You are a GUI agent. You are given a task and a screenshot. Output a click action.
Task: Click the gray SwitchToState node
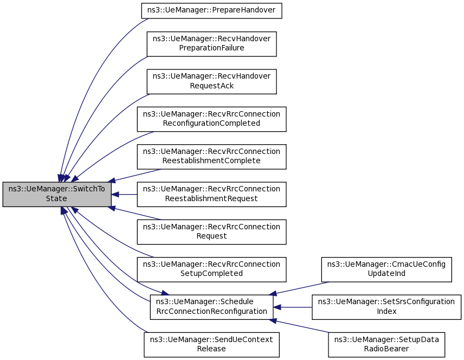coord(57,194)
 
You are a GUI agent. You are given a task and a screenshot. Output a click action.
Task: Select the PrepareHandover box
coord(211,11)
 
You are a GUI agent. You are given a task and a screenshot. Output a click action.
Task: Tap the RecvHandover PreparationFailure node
coord(211,44)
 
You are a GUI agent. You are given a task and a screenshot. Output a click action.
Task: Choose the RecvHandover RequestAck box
coord(211,81)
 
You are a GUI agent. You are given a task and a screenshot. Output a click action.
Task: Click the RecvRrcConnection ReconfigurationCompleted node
coord(211,119)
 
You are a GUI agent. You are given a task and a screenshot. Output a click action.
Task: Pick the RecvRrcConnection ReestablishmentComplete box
coord(211,157)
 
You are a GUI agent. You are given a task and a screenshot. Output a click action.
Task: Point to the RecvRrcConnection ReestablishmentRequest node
coord(211,194)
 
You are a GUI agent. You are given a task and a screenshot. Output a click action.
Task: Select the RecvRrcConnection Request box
coord(211,232)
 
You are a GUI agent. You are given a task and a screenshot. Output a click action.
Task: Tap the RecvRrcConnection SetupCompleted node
coord(211,269)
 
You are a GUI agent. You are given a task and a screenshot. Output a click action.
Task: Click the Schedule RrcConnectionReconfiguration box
coord(211,307)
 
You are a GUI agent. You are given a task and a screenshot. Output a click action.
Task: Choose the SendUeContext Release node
coord(211,345)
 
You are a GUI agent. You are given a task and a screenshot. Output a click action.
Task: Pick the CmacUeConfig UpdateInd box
coord(386,269)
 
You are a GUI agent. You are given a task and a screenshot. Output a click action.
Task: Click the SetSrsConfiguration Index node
coord(386,307)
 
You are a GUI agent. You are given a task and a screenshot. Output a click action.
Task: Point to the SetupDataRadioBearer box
coord(386,345)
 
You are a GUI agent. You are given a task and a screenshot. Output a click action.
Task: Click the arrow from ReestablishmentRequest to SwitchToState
coord(124,195)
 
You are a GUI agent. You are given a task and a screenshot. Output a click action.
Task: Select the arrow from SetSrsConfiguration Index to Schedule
coord(292,307)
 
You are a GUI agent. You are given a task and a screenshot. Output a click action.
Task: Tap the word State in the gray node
coord(56,198)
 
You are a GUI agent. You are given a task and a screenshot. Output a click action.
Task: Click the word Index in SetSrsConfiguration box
coord(386,311)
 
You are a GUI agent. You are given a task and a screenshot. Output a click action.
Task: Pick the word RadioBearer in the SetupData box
coord(386,349)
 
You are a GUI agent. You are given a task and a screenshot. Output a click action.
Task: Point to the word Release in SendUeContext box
coord(211,349)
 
